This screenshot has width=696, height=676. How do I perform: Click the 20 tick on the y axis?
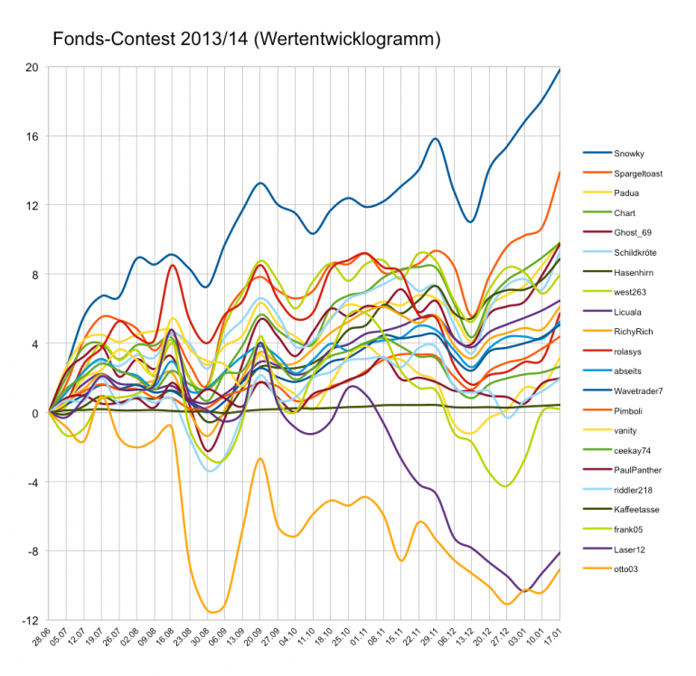click(x=33, y=68)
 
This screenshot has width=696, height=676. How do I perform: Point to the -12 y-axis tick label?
click(x=31, y=621)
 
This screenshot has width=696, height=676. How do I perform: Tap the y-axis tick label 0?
click(x=34, y=413)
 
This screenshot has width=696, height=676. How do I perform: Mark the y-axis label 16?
click(x=33, y=136)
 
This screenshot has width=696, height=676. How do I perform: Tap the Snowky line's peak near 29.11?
click(x=435, y=138)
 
